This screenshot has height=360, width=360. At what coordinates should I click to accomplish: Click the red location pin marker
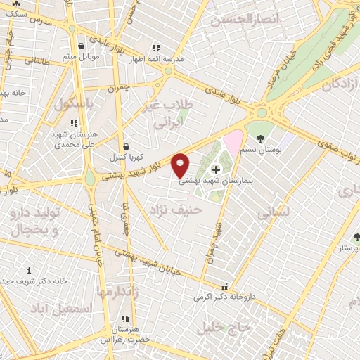click(x=181, y=164)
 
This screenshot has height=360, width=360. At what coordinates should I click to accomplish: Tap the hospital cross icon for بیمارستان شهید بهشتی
click(x=215, y=169)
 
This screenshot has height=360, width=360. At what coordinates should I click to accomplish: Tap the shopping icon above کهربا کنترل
click(x=125, y=146)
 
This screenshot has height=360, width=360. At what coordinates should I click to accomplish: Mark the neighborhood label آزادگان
click(x=338, y=85)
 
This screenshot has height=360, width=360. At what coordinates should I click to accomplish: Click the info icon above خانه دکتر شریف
click(x=29, y=269)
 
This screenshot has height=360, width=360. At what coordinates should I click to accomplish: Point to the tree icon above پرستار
click(x=356, y=237)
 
